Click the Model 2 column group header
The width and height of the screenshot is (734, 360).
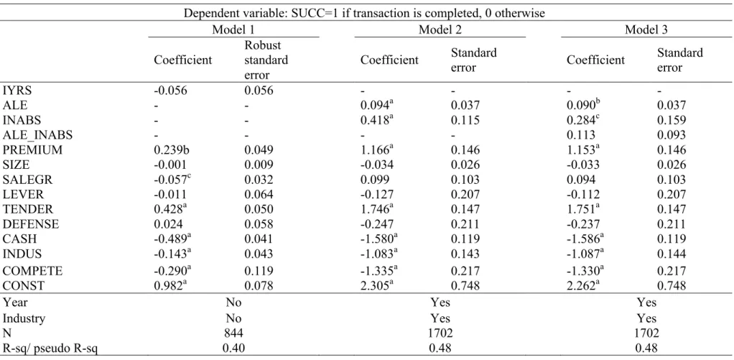440,30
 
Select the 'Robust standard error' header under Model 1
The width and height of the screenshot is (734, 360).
266,60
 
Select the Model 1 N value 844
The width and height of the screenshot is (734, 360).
233,333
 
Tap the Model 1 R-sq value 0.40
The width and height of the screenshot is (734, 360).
233,349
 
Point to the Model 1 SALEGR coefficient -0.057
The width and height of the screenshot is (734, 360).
172,180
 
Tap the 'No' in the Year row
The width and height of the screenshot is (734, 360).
233,303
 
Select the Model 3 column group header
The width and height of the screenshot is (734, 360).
646,30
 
